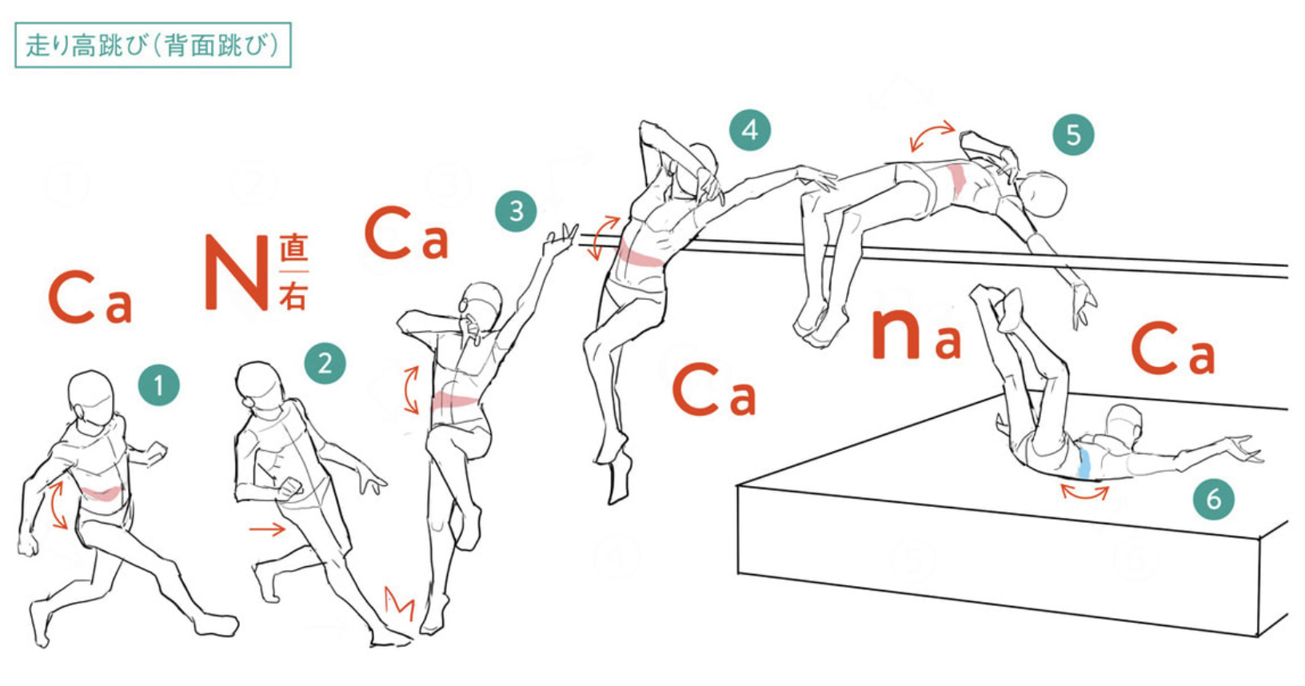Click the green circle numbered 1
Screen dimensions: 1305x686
(x=158, y=385)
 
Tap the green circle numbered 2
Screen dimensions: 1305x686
(x=325, y=363)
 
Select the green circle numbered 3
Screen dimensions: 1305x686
(x=517, y=211)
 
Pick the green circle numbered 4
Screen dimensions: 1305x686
(x=750, y=130)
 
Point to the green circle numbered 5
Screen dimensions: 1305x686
(x=1073, y=134)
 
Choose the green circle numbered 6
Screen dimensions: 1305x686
(x=1214, y=498)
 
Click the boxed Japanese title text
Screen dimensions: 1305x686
(x=153, y=46)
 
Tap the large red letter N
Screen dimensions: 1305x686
(x=237, y=273)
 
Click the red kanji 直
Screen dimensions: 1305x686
(x=293, y=247)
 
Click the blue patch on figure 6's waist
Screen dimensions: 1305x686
(x=1084, y=463)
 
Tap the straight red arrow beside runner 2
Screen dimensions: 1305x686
(x=267, y=528)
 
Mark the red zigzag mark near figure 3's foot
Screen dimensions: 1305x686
(x=400, y=604)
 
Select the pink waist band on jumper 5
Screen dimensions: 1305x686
(x=956, y=181)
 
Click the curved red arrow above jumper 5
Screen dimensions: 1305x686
(x=932, y=135)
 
